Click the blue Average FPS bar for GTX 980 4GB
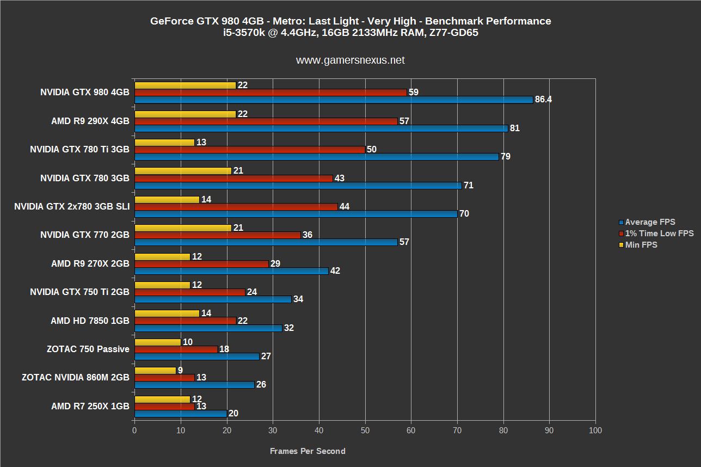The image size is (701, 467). pyautogui.click(x=333, y=100)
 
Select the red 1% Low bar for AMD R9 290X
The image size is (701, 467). pyautogui.click(x=266, y=121)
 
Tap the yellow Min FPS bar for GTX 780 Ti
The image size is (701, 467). pyautogui.click(x=164, y=142)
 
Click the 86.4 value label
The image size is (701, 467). pyautogui.click(x=543, y=100)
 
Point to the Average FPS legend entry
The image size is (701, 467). pyautogui.click(x=650, y=222)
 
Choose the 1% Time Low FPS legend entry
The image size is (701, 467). pyautogui.click(x=659, y=234)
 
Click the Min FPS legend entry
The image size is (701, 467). pyautogui.click(x=641, y=245)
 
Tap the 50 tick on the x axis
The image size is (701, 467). pyautogui.click(x=365, y=431)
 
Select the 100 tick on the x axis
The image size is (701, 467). pyautogui.click(x=595, y=431)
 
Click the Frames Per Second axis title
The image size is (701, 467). pyautogui.click(x=308, y=451)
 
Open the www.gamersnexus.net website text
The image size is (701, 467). pyautogui.click(x=350, y=60)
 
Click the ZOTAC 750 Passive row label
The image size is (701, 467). pyautogui.click(x=88, y=349)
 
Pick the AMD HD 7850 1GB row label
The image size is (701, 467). pyautogui.click(x=90, y=321)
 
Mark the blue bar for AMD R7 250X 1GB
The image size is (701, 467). pyautogui.click(x=181, y=413)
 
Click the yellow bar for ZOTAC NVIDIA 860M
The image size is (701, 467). pyautogui.click(x=155, y=370)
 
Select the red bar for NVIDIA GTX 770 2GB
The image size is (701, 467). pyautogui.click(x=217, y=235)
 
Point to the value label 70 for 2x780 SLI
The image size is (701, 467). pyautogui.click(x=464, y=214)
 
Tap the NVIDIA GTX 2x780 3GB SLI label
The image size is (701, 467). pyautogui.click(x=72, y=207)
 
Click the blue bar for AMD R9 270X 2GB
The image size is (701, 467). pyautogui.click(x=231, y=271)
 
